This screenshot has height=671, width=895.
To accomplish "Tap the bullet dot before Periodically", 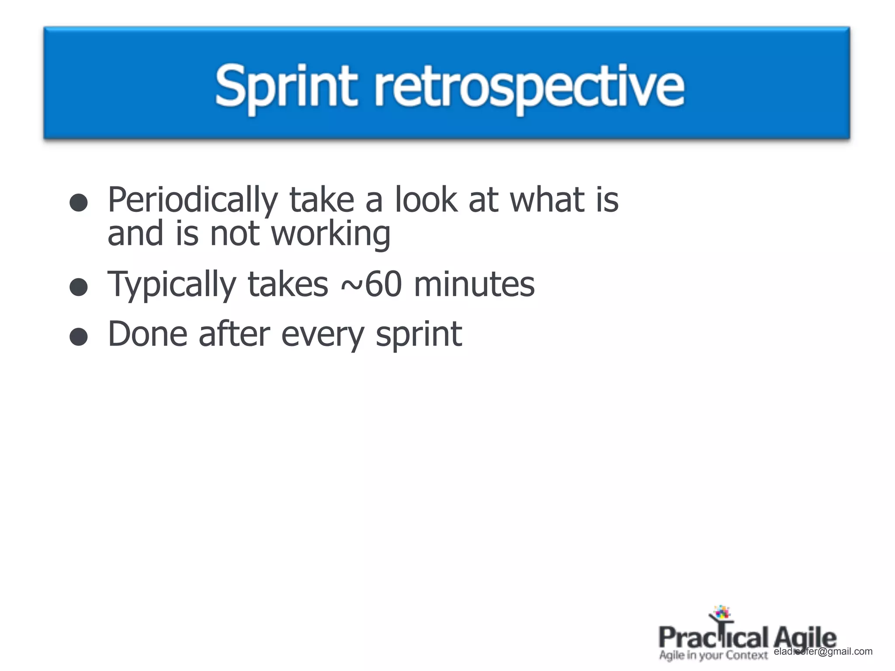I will [x=79, y=203].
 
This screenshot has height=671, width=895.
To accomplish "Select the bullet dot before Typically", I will [x=79, y=287].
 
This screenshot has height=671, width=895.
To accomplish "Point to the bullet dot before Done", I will [x=79, y=337].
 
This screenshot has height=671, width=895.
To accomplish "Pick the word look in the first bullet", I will [x=426, y=200].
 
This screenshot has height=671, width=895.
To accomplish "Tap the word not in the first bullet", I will [x=235, y=234].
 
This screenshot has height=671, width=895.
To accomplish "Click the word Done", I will [x=147, y=334].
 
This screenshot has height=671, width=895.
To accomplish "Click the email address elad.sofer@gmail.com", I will [x=823, y=651].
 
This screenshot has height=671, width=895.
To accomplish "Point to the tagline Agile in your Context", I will [x=713, y=655].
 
